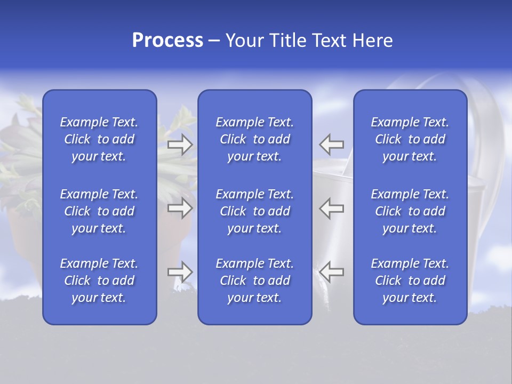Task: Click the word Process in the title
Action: coord(167,41)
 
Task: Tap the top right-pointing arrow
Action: coord(180,145)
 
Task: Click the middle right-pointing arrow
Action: coord(180,208)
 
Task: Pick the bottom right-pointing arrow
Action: coord(180,272)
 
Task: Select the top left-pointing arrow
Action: coord(332,145)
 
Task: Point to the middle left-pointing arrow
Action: coord(332,208)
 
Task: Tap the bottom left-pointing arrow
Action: coord(332,272)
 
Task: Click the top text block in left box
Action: coord(99,139)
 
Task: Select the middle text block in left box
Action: coord(99,211)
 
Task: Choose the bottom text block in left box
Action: coord(99,281)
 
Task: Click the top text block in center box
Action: coord(255,139)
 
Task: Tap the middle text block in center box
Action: coord(255,211)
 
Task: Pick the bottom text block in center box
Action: coord(255,281)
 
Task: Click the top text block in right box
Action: coord(410,139)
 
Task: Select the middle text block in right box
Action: coord(410,211)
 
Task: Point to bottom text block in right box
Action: coord(410,281)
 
